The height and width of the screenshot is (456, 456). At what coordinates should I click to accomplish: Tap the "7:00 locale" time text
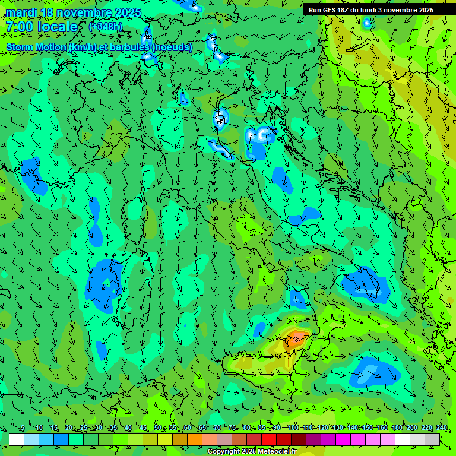pyautogui.click(x=42, y=27)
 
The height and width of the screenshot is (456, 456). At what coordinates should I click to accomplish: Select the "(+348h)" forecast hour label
pyautogui.click(x=106, y=26)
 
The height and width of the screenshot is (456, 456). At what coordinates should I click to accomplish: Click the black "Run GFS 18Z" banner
pyautogui.click(x=371, y=10)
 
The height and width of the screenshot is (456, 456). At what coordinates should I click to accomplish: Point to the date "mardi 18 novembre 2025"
pyautogui.click(x=74, y=12)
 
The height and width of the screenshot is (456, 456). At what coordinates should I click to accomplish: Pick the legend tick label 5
pyautogui.click(x=23, y=427)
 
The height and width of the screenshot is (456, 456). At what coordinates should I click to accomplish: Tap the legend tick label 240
pyautogui.click(x=442, y=427)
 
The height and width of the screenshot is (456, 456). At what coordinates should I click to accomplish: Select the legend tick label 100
pyautogui.click(x=293, y=427)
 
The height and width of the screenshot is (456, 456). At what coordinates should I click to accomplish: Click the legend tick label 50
pyautogui.click(x=158, y=427)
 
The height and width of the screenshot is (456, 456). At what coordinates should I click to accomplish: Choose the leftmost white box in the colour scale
pyautogui.click(x=17, y=439)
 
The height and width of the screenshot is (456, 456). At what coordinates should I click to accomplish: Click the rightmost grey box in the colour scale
pyautogui.click(x=432, y=439)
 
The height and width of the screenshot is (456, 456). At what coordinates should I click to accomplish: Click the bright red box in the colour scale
pyautogui.click(x=269, y=439)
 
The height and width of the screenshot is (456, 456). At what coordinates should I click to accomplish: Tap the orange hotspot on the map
pyautogui.click(x=295, y=340)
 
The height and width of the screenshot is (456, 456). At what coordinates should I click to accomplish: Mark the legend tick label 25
pyautogui.click(x=84, y=427)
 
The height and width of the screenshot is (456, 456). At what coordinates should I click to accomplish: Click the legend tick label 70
pyautogui.click(x=218, y=427)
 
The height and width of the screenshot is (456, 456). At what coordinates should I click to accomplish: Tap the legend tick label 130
pyautogui.click(x=338, y=427)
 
